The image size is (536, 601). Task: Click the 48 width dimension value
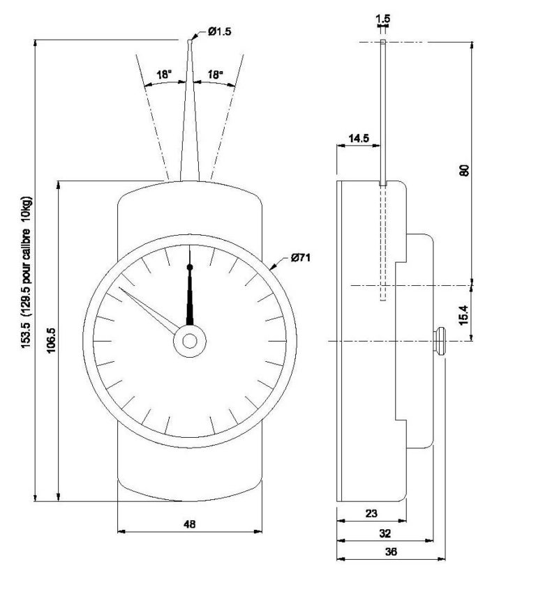(190, 524)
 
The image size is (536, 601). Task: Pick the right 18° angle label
(215, 74)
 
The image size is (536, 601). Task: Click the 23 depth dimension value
(371, 514)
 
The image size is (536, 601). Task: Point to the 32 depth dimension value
(385, 533)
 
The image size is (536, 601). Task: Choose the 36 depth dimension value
(392, 552)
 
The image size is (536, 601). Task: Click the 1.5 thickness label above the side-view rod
(382, 17)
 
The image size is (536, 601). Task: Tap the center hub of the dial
(190, 340)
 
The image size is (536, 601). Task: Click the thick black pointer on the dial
(190, 296)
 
